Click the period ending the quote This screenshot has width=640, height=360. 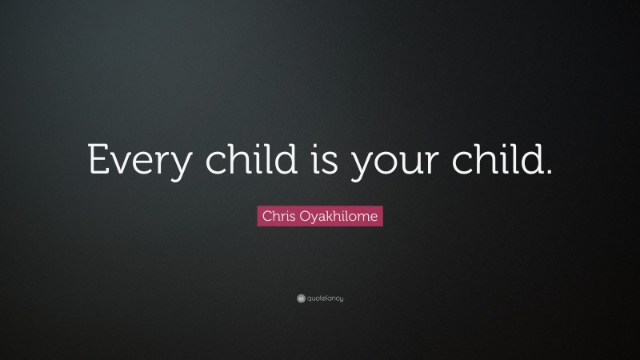tap(548, 170)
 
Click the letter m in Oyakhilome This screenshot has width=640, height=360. tap(365, 217)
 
